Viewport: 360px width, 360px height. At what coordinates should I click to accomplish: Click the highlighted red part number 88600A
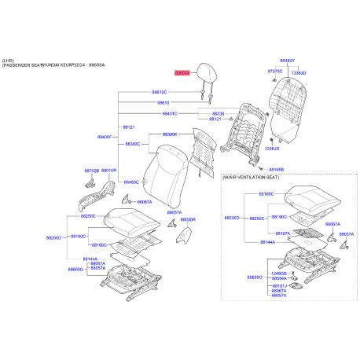(x=182, y=72)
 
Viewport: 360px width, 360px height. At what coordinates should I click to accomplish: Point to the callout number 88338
(x=219, y=113)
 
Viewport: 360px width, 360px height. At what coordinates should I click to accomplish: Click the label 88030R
(x=188, y=219)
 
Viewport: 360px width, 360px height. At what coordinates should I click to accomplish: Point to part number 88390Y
(x=288, y=60)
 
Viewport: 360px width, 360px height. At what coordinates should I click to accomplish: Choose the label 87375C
(x=274, y=71)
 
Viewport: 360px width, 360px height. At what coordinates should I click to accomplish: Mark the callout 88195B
(x=276, y=169)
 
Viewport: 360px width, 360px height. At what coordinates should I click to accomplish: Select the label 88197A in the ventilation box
(x=281, y=233)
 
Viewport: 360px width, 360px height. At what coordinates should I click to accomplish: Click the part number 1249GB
(x=278, y=273)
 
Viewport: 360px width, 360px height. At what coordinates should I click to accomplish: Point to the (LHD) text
(x=9, y=60)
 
